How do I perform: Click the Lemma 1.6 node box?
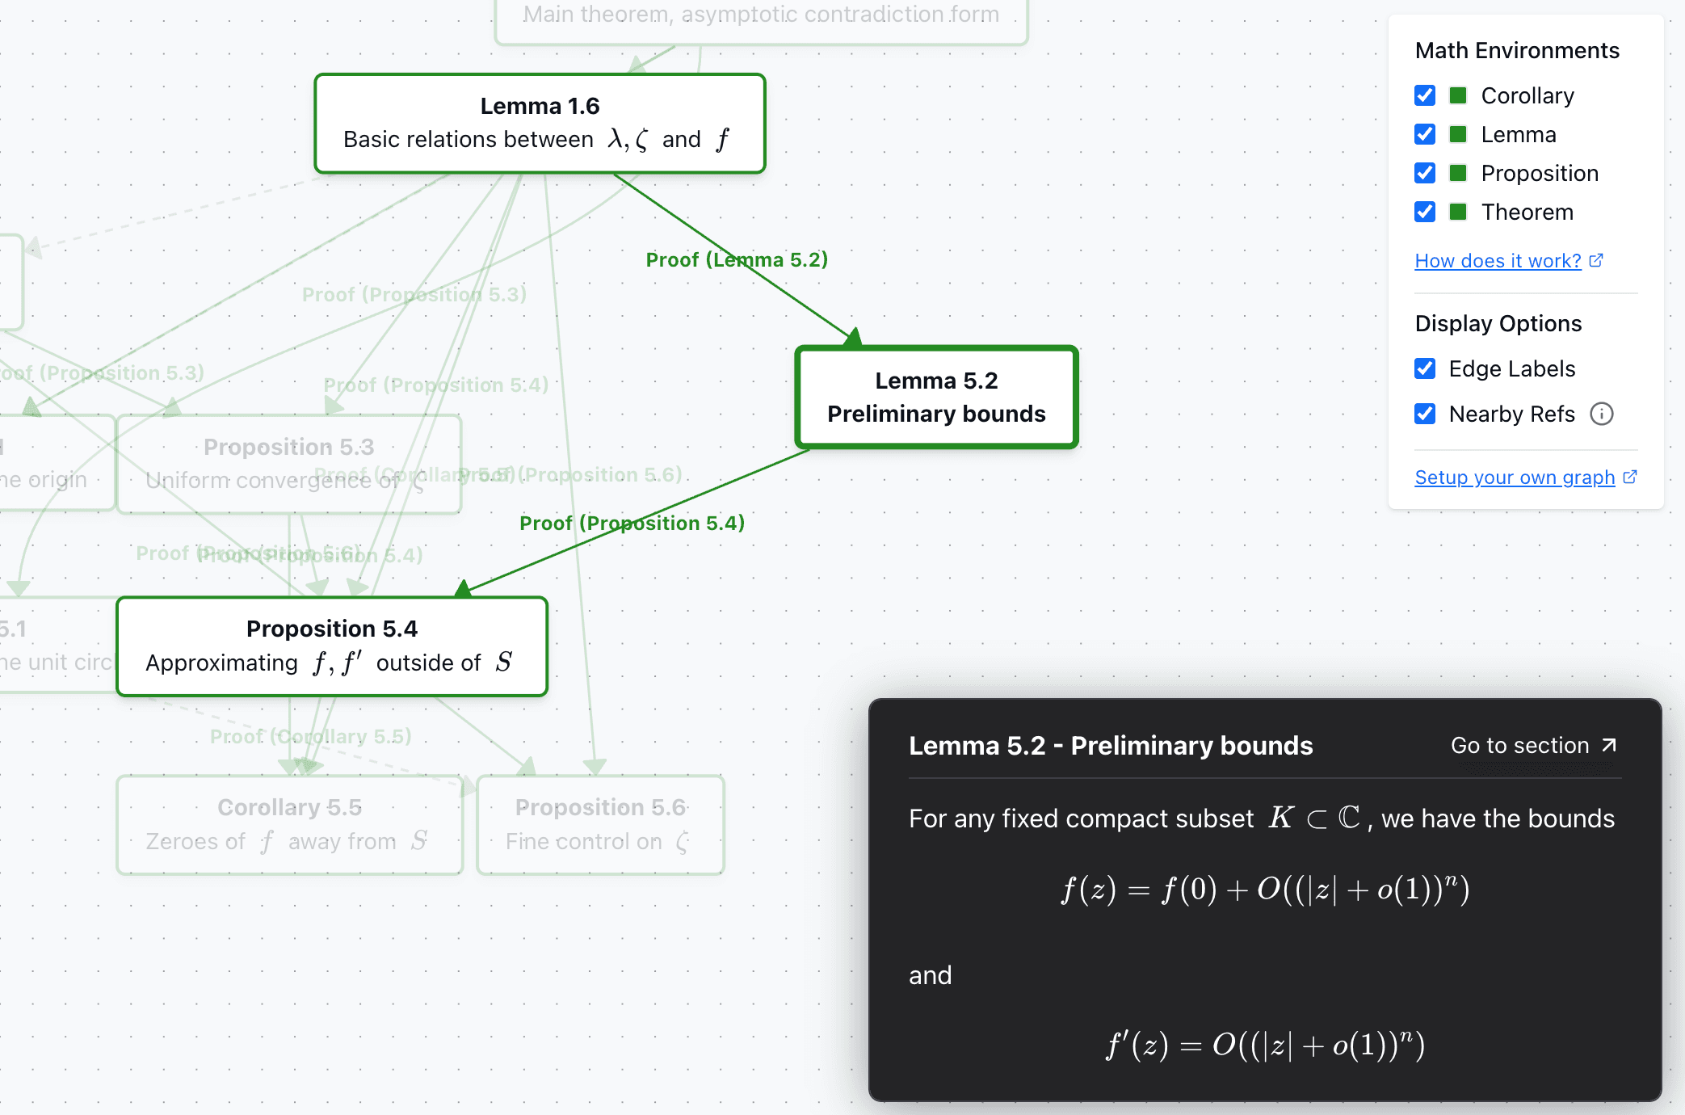540,124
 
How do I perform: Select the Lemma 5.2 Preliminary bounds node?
936,397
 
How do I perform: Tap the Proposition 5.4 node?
331,646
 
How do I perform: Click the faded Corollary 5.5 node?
289,824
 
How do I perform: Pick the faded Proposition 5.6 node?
600,824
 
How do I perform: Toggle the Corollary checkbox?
1425,95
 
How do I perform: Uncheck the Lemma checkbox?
1425,134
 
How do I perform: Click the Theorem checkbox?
1425,212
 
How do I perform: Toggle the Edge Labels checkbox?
1425,368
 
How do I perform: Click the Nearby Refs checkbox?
1425,414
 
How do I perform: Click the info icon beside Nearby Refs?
1601,414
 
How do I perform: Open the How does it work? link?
1498,261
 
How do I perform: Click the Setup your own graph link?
1515,478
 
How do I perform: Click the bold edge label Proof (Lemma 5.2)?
737,259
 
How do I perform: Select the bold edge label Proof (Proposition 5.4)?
632,523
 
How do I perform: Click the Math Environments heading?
1517,50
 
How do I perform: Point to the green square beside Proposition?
1458,173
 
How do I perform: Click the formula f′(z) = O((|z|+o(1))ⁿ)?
1265,1045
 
